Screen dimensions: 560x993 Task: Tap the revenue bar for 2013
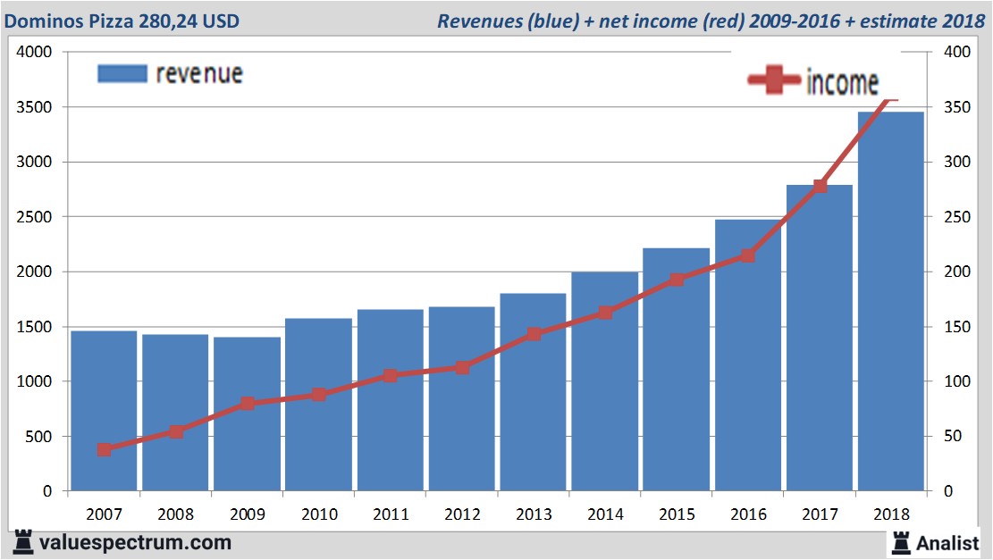tap(533, 392)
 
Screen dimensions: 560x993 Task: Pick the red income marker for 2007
tap(105, 449)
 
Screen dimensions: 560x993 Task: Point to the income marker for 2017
tap(820, 186)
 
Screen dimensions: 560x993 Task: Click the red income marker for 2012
tap(462, 367)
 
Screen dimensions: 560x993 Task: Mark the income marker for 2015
tap(677, 280)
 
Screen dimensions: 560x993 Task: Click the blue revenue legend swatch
tap(122, 73)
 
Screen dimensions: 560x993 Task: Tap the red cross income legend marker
tap(773, 81)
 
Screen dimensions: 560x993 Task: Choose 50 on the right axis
tap(955, 437)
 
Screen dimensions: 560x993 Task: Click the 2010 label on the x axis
tap(319, 514)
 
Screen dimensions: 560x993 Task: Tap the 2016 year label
tap(748, 514)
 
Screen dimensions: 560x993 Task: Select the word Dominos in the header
tap(42, 21)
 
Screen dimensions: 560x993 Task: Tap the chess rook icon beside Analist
tap(899, 542)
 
